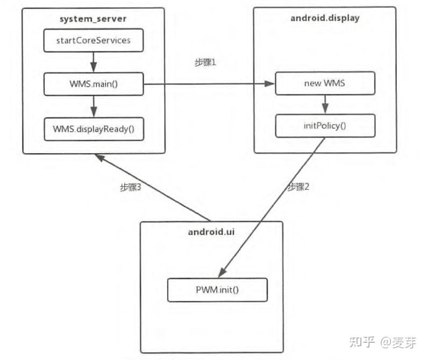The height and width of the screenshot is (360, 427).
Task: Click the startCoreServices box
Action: tap(94, 40)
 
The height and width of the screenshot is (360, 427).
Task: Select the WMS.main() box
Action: tap(94, 83)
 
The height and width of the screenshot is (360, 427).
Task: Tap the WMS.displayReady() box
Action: tap(94, 129)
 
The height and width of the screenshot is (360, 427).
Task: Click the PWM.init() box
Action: tap(217, 290)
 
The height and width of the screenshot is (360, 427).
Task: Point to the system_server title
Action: tap(94, 18)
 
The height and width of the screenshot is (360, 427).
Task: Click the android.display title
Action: tap(324, 18)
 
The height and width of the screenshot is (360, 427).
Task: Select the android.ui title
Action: tap(211, 232)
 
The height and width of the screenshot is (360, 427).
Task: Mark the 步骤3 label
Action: tap(130, 188)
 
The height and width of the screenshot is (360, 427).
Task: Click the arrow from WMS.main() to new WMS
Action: tap(210, 84)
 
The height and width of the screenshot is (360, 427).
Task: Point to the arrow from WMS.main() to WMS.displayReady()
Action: tap(94, 106)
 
